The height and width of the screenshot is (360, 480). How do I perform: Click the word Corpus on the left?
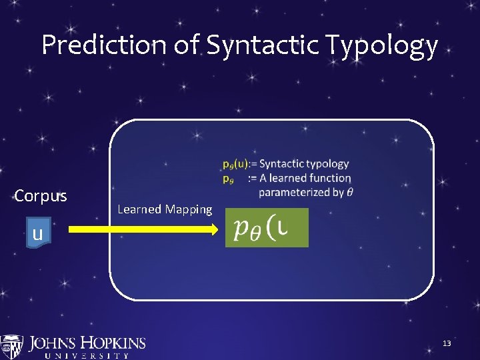point(40,196)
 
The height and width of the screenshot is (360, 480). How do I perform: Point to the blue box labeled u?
point(37,233)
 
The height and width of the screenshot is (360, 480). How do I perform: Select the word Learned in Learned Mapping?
point(139,209)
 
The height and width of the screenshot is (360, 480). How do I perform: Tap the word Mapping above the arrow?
point(188,209)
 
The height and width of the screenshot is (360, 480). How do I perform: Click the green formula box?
point(267,228)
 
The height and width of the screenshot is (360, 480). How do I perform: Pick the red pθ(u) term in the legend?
point(235,164)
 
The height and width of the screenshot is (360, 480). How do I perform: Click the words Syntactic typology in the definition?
point(304,164)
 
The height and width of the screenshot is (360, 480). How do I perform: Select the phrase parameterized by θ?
point(306,193)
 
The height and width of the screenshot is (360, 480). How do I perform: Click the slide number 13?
point(447,343)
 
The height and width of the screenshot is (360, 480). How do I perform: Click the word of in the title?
point(188,45)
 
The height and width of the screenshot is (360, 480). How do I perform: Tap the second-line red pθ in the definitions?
point(228,178)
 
